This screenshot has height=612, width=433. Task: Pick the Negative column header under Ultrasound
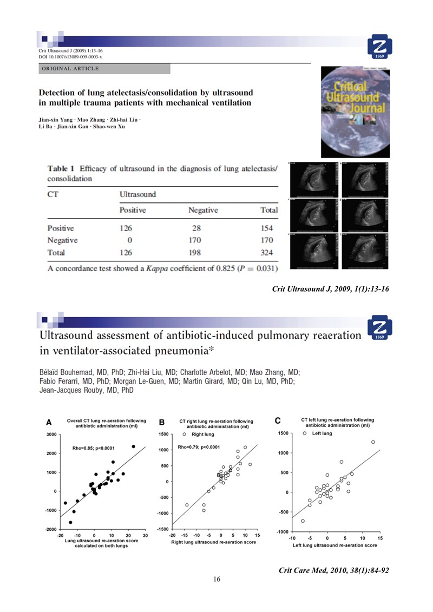pyautogui.click(x=203, y=209)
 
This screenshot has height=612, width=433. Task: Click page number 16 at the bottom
pyautogui.click(x=216, y=580)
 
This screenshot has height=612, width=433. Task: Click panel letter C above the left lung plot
pyautogui.click(x=278, y=420)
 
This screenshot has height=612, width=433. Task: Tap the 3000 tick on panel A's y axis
pyautogui.click(x=51, y=435)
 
